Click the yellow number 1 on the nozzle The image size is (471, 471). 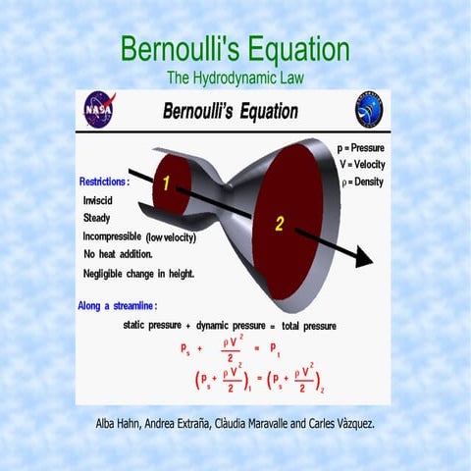coord(167,183)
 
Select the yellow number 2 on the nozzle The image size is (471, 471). coord(279,224)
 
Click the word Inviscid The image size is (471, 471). coord(98,200)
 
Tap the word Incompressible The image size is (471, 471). coord(113,236)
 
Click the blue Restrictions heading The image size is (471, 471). coord(103,182)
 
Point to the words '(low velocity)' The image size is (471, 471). coord(171,237)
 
